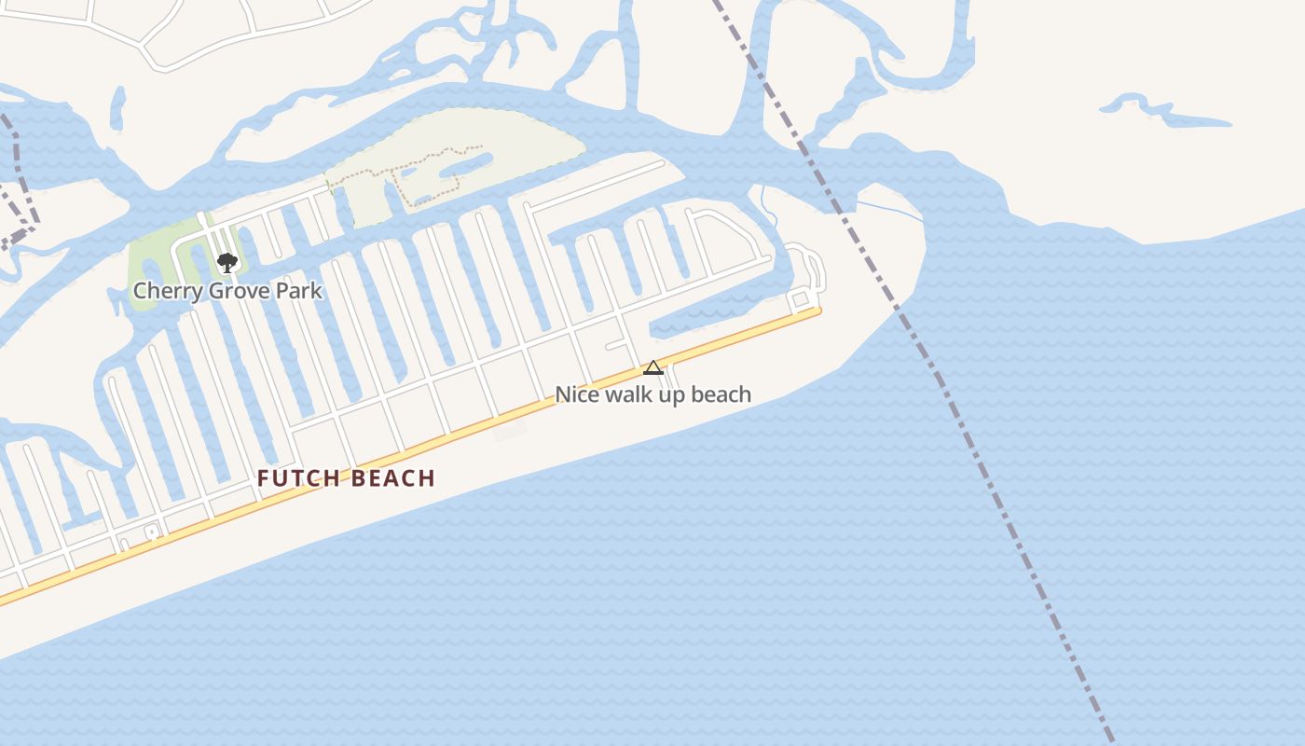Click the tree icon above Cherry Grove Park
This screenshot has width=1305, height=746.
point(227,262)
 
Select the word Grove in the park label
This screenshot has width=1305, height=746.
point(239,291)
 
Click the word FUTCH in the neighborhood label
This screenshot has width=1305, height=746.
point(295,479)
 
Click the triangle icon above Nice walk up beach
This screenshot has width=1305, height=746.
point(652,367)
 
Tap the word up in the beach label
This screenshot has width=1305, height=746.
point(673,394)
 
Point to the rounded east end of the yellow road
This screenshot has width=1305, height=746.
point(817,311)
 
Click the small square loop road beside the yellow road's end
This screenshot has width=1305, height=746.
point(799,299)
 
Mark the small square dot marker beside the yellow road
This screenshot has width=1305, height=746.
point(152,532)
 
